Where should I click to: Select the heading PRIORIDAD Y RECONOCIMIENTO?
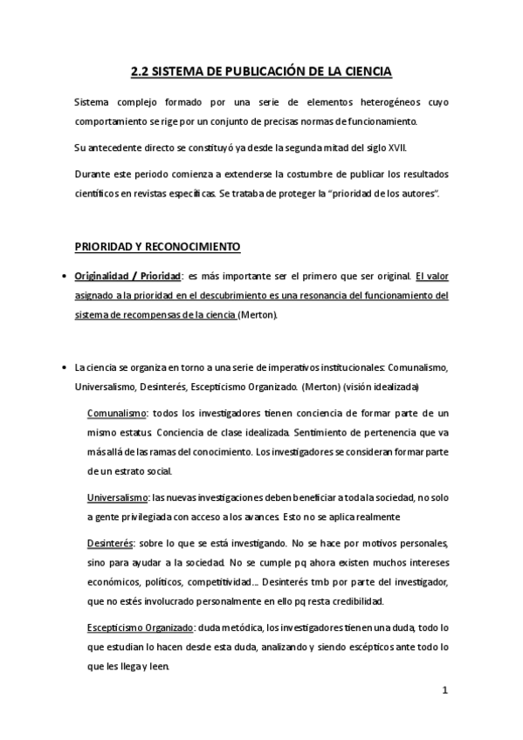(157, 247)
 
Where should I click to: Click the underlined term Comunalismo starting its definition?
(118, 412)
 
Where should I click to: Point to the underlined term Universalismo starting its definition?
(118, 497)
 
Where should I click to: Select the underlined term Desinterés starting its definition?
(110, 540)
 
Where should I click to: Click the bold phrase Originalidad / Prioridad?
(127, 276)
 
